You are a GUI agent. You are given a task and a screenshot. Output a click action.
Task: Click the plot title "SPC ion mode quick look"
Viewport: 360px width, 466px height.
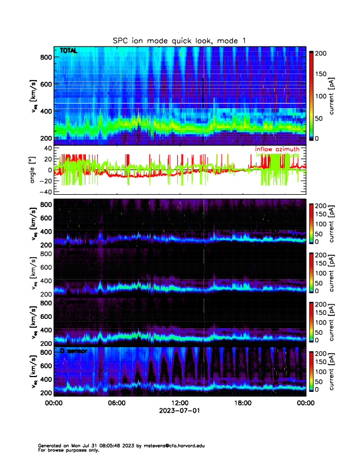coord(171,40)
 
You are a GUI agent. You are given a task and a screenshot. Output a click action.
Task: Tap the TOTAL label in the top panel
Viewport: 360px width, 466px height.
coord(68,52)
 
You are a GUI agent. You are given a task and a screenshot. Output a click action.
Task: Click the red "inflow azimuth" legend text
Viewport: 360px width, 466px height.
coord(277,149)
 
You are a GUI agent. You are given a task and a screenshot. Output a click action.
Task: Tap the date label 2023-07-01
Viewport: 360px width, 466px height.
coord(179,411)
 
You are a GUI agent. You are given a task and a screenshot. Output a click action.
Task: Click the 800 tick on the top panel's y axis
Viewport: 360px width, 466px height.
coord(46,57)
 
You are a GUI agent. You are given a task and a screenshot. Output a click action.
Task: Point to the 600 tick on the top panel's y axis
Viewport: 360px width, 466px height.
coord(46,84)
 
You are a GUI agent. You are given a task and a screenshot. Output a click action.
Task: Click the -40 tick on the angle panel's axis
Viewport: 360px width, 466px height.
coord(46,192)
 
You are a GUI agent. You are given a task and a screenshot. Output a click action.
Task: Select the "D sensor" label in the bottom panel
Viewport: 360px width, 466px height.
coord(71,351)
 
